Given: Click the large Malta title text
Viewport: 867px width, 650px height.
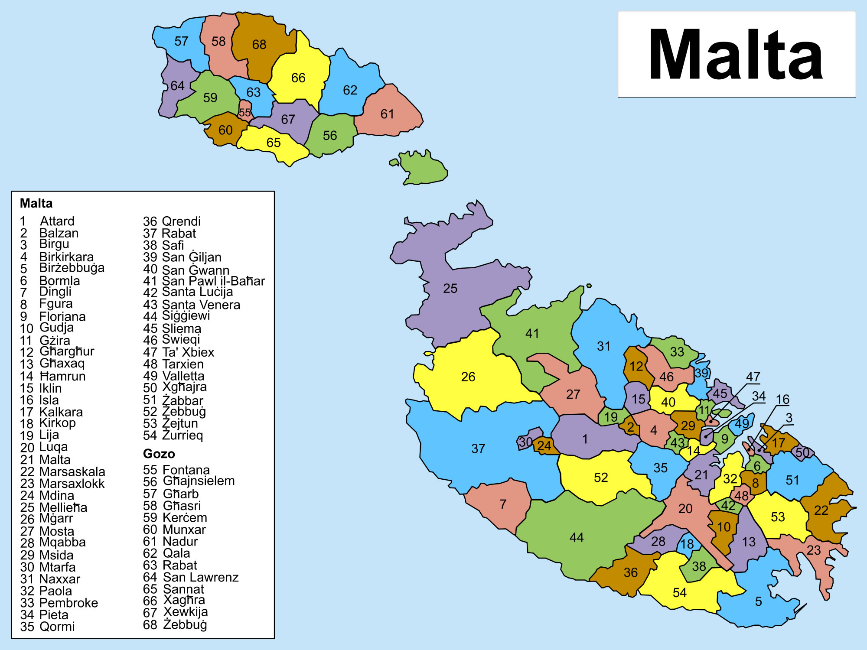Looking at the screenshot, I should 736,55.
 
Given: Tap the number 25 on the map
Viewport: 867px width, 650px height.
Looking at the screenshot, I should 450,289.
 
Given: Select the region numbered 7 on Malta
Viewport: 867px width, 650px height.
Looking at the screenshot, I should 502,504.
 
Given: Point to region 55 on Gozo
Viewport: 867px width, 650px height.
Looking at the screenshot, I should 245,112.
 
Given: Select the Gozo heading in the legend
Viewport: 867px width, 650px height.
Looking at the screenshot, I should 159,454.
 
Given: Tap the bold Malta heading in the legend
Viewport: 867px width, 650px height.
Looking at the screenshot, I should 36,203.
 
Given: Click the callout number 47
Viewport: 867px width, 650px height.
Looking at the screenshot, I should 753,377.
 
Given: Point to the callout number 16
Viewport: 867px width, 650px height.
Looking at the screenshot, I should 782,400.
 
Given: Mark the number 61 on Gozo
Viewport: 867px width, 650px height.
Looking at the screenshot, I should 387,114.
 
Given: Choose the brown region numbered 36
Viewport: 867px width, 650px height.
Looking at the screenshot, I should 630,573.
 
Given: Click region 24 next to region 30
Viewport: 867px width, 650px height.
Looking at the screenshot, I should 544,446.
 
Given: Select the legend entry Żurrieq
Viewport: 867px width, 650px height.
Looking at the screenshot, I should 182,435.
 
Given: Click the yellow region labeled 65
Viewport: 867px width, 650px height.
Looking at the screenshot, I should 274,143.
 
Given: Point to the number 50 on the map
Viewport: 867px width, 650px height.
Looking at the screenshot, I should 802,453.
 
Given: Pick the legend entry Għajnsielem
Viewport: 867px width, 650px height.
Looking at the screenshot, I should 198,481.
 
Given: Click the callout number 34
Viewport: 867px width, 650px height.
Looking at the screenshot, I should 759,396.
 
